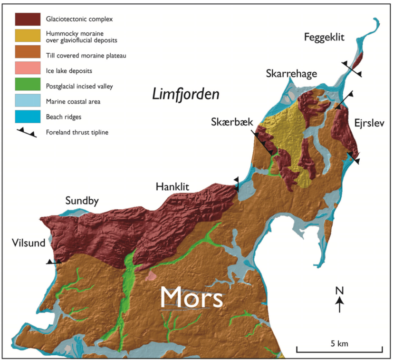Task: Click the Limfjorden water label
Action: (x=185, y=94)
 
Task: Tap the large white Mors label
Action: (x=192, y=297)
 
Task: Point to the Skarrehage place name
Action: (x=291, y=73)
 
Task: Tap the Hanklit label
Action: (x=173, y=187)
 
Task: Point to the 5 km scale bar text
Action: (x=339, y=343)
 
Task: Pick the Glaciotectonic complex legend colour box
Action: (x=27, y=19)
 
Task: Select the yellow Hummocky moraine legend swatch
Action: (x=27, y=36)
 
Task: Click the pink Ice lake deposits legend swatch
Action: (x=27, y=71)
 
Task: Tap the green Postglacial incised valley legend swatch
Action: (x=27, y=86)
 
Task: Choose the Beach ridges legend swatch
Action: (x=27, y=117)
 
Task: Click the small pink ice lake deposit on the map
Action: (x=152, y=275)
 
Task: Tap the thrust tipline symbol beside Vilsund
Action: (x=53, y=262)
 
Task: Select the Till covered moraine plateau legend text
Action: (x=86, y=56)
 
